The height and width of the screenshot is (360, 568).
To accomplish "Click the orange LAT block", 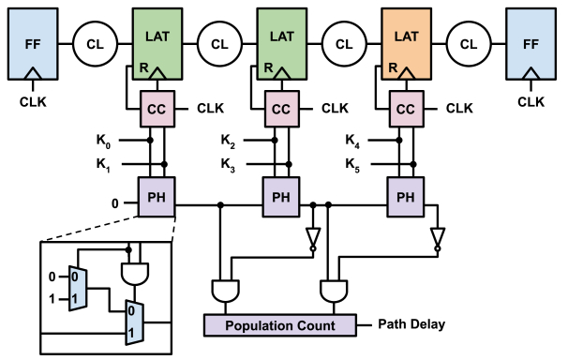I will (x=406, y=42).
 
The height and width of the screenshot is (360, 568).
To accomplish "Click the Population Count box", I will (x=279, y=325).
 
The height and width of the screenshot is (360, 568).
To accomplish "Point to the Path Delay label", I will (x=410, y=324).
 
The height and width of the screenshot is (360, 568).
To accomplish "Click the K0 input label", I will (x=103, y=142).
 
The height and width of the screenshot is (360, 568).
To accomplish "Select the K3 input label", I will (x=228, y=165).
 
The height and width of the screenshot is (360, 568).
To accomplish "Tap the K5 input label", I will (x=352, y=165).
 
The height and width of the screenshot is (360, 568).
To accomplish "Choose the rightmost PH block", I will (x=405, y=199).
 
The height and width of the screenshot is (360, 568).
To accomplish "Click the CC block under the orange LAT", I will (x=405, y=109).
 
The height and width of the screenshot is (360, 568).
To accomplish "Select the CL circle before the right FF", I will (x=469, y=43).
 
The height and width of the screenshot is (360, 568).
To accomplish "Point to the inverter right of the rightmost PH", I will (x=437, y=241).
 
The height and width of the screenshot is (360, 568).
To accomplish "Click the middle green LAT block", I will (x=280, y=42).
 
